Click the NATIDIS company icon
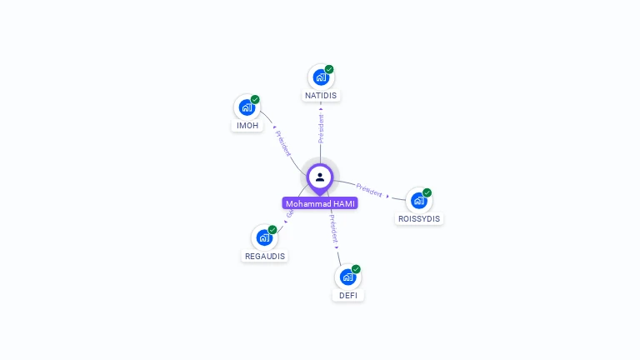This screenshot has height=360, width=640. (x=321, y=77)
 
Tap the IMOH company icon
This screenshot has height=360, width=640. (x=247, y=107)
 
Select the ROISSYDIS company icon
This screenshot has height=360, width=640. (x=418, y=201)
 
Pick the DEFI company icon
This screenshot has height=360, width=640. (x=347, y=277)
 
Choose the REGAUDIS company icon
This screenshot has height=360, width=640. (x=264, y=237)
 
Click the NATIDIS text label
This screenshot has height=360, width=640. (x=321, y=95)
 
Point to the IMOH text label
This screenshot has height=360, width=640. (x=247, y=125)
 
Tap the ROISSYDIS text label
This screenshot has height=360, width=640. (x=419, y=218)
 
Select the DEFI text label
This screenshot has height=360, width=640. (x=348, y=295)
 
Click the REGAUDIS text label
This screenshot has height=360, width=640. (x=265, y=256)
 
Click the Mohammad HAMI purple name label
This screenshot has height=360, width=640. (x=320, y=203)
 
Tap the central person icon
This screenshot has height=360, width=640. (x=320, y=177)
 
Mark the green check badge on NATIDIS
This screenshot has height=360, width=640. (x=329, y=69)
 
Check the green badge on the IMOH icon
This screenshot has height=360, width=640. (x=255, y=99)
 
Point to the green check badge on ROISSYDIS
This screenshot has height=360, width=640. (x=427, y=192)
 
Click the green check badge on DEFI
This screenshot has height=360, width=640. (x=356, y=269)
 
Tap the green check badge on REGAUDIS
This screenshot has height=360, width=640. (x=272, y=229)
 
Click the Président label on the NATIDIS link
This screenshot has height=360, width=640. (x=321, y=127)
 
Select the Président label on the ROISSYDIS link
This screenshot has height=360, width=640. (x=369, y=189)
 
